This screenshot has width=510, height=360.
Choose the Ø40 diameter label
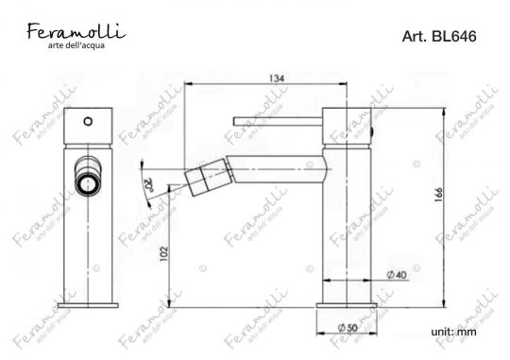point(398,275)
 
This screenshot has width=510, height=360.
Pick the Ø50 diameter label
point(350,327)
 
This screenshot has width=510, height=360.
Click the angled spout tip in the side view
point(200,176)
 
